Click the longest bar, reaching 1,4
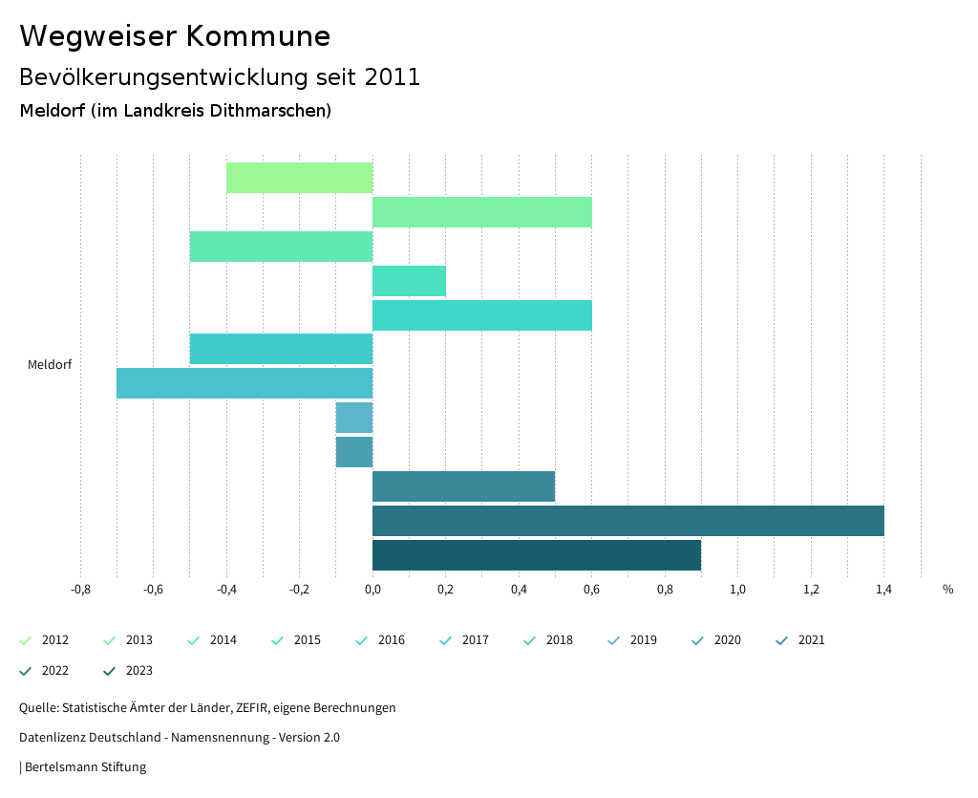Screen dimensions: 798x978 pyautogui.click(x=627, y=521)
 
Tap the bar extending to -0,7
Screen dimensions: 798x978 pyautogui.click(x=244, y=383)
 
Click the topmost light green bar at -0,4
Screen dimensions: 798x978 pyautogui.click(x=299, y=178)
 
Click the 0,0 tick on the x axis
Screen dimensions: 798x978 pyautogui.click(x=372, y=590)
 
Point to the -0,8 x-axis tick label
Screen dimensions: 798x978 pyautogui.click(x=80, y=590)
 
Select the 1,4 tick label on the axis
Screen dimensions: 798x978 pyautogui.click(x=883, y=590)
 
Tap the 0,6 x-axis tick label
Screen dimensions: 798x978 pyautogui.click(x=591, y=590)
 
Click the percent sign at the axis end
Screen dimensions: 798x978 pyautogui.click(x=947, y=590)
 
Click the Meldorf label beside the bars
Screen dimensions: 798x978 pyautogui.click(x=50, y=365)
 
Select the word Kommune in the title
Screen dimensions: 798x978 pyautogui.click(x=258, y=36)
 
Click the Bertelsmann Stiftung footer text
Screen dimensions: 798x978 pyautogui.click(x=85, y=767)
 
